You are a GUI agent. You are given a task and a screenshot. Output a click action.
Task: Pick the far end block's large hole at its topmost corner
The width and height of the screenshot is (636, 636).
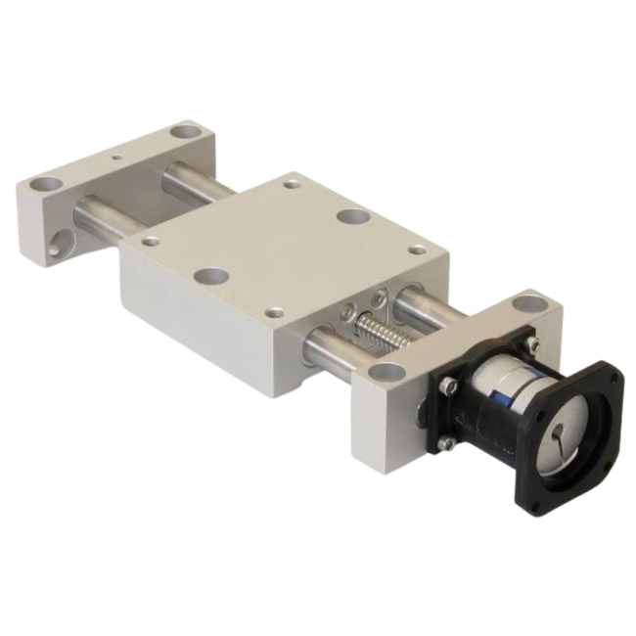tap(183, 130)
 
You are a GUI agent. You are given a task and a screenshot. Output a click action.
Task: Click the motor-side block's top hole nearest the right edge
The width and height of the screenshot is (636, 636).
tap(529, 302)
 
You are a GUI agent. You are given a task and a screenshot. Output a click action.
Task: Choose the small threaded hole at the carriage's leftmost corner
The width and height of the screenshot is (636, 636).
tap(150, 241)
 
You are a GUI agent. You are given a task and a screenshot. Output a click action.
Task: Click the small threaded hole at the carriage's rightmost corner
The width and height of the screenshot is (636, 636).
tap(418, 250)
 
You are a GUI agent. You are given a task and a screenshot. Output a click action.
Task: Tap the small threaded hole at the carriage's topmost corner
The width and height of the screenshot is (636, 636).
tap(291, 183)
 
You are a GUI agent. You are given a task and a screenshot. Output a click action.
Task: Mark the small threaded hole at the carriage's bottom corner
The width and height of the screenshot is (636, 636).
tap(275, 313)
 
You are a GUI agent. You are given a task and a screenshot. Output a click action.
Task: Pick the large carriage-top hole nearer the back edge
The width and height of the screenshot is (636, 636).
tap(353, 218)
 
